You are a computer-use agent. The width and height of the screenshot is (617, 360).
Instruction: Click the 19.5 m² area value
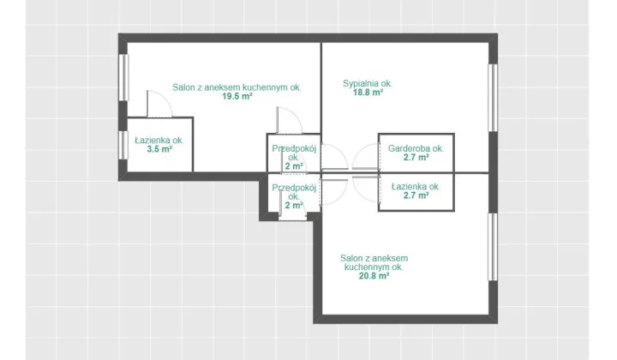click(237, 96)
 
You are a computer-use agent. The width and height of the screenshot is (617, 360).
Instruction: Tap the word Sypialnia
click(360, 83)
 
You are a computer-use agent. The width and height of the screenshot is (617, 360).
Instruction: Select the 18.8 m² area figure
click(368, 93)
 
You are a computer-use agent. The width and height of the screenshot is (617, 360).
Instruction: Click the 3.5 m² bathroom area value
click(159, 149)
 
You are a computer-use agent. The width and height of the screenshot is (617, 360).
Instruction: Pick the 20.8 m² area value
click(374, 276)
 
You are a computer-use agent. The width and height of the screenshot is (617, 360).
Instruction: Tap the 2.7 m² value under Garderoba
click(416, 158)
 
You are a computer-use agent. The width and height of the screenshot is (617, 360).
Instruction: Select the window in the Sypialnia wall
click(493, 98)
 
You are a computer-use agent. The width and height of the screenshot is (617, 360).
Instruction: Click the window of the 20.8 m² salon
click(493, 247)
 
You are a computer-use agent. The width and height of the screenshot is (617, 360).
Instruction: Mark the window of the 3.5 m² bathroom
click(123, 145)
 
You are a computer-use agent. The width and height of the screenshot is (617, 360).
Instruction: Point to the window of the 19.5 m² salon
click(123, 77)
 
